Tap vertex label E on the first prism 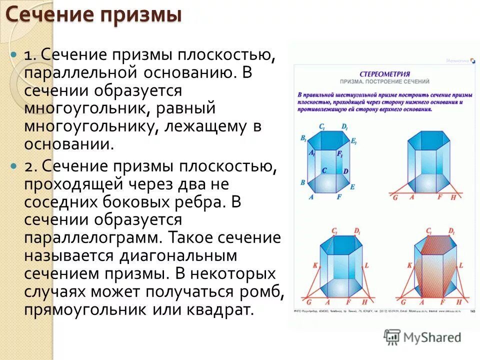pos(352,186)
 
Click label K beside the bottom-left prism pos(315,265)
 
